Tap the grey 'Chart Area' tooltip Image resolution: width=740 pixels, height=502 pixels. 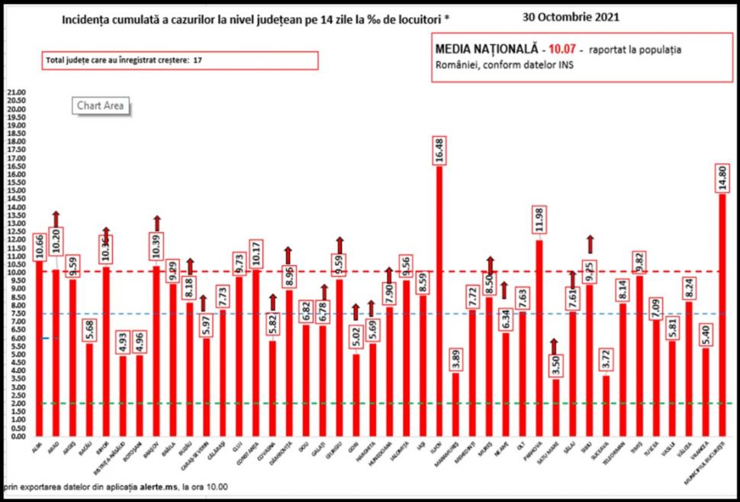click(99, 106)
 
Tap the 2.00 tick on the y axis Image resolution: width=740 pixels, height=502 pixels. click(16, 403)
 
